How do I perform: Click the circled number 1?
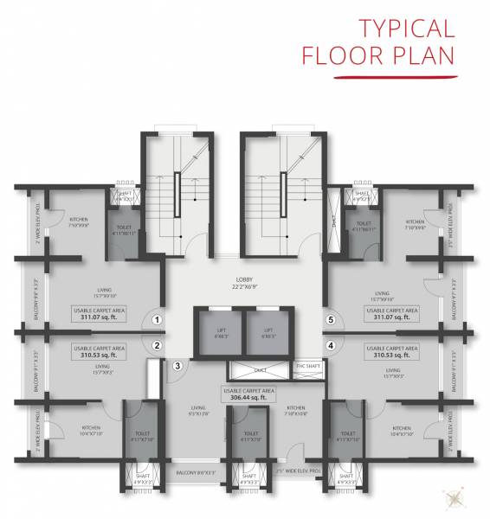click(x=157, y=320)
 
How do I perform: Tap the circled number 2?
click(x=157, y=346)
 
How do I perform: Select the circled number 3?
click(x=177, y=366)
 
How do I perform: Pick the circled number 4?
click(x=330, y=346)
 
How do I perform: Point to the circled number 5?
click(x=330, y=320)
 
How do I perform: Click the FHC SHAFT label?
click(x=308, y=366)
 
